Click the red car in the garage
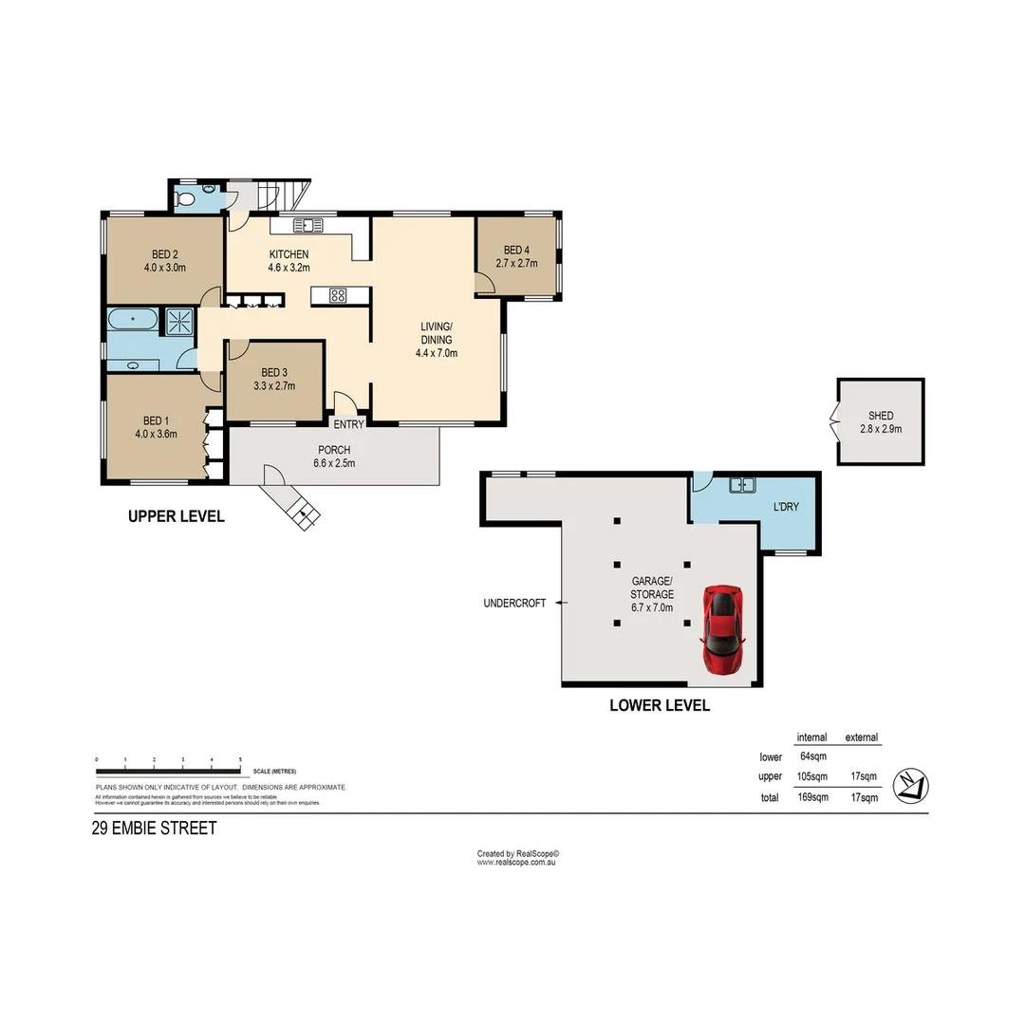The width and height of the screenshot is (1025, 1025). [x=722, y=629]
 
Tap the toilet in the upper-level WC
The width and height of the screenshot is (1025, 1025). [x=187, y=200]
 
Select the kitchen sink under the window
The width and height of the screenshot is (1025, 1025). [x=308, y=226]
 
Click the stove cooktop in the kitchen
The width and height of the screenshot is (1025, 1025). [x=338, y=295]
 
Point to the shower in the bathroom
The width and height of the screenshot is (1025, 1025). [x=178, y=322]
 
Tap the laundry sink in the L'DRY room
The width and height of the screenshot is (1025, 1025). [x=741, y=486]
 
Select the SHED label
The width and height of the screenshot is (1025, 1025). [x=880, y=416]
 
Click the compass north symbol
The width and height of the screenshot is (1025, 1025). [x=911, y=785]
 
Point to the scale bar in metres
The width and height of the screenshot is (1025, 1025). [x=169, y=770]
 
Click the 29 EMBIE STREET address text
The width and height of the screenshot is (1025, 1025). [x=154, y=829]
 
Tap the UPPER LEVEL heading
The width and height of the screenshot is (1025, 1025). [x=177, y=517]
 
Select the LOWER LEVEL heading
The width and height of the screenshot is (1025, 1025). [x=660, y=706]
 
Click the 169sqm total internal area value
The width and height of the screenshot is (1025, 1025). [x=812, y=797]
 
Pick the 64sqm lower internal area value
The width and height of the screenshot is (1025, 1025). [x=812, y=757]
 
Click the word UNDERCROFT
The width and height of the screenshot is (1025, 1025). [x=514, y=603]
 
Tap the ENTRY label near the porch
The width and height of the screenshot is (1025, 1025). [x=348, y=424]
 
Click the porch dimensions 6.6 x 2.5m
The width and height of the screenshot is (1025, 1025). [x=333, y=464]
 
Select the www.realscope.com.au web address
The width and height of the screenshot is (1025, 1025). [x=515, y=863]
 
